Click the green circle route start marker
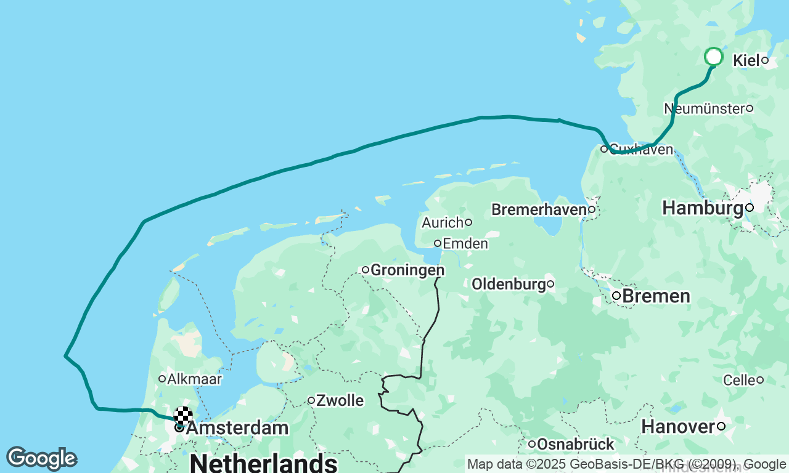point(713,57)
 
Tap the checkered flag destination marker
point(183,416)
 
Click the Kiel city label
point(746,60)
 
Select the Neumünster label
point(704,109)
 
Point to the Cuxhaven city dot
point(604,148)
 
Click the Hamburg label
point(703,208)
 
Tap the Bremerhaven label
point(538,210)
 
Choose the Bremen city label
point(656,296)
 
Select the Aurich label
point(442,222)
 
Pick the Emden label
point(465,244)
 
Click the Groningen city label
point(407,270)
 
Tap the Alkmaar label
point(194,379)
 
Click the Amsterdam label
point(237,428)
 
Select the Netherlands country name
point(263,463)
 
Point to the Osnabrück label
point(575,444)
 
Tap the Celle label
point(739,380)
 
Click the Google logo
point(41,459)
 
